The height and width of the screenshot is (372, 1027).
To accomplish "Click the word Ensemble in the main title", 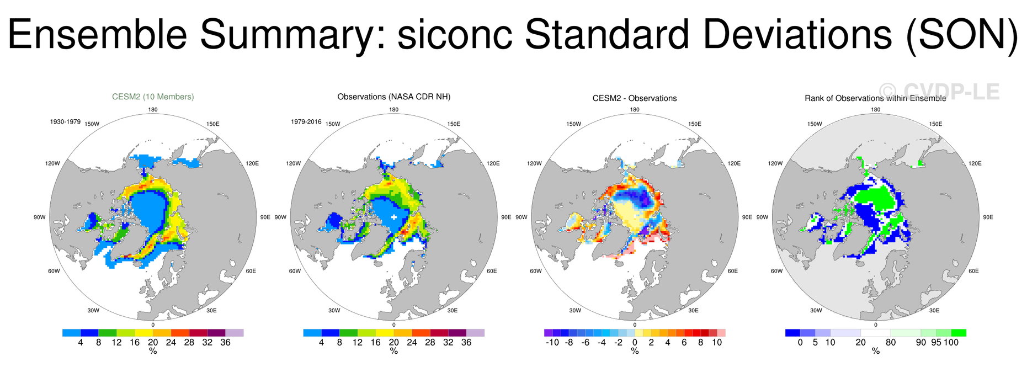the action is click(97, 34).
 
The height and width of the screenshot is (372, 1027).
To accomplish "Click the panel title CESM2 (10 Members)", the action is click(153, 97).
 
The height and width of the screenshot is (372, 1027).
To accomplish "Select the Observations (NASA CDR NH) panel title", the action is click(394, 97).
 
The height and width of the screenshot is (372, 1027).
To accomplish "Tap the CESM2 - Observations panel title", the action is click(635, 98).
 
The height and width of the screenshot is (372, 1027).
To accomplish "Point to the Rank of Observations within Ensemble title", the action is click(875, 98).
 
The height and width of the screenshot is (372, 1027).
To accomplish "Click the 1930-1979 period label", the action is click(65, 121).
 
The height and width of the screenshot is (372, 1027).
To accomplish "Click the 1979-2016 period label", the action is click(306, 121).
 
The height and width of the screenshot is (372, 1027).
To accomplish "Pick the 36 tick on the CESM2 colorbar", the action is click(225, 342).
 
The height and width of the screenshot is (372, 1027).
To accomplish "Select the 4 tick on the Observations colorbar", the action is click(321, 342).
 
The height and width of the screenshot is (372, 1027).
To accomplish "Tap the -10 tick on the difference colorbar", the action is click(552, 342).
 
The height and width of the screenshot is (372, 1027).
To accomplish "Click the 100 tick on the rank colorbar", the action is click(951, 342).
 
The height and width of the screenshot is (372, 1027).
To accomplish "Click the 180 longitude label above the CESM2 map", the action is click(153, 109).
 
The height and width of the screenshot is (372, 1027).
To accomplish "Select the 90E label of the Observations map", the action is click(507, 217).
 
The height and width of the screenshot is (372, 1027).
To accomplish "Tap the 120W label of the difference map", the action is click(534, 163).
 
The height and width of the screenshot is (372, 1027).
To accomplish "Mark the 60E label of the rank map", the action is click(973, 271).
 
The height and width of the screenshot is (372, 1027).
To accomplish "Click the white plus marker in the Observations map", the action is click(394, 217).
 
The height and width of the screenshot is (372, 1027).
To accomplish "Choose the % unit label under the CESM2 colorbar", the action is click(153, 351).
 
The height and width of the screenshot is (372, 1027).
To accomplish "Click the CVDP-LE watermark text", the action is click(939, 92).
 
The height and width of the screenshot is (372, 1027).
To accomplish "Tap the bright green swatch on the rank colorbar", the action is click(959, 333).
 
